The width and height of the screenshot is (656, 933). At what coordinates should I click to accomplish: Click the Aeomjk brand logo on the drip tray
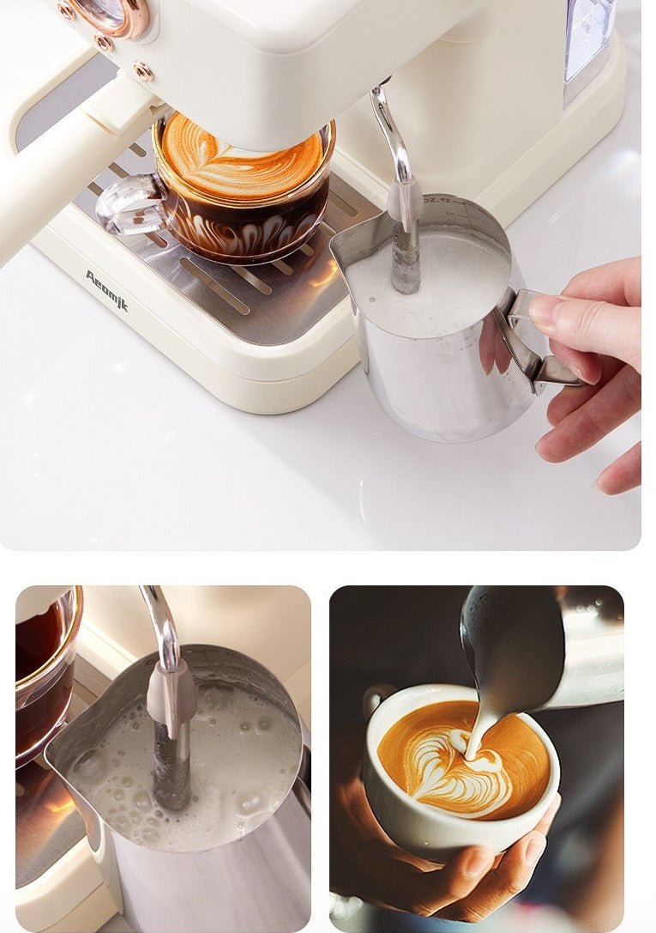point(106,290)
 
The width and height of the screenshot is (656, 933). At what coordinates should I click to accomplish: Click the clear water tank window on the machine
point(589,39)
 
